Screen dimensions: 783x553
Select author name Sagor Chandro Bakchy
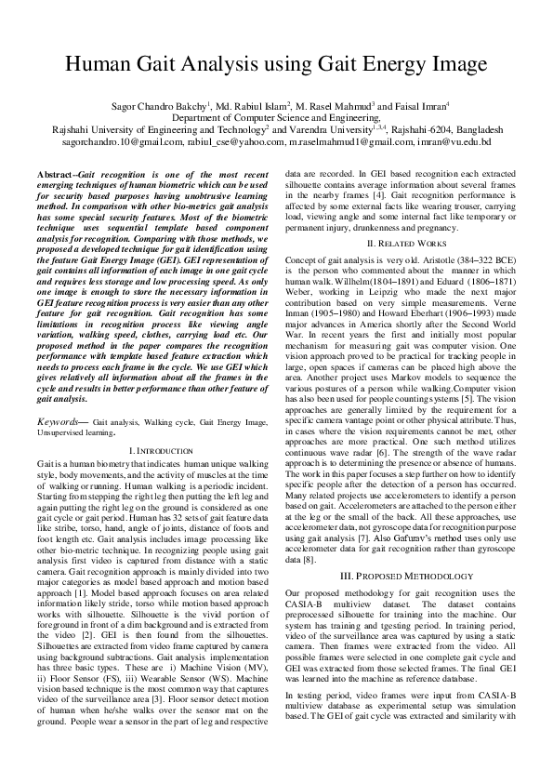tap(158, 107)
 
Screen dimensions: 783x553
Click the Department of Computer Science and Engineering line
tap(276, 118)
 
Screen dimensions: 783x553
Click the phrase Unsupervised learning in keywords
tap(76, 432)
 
